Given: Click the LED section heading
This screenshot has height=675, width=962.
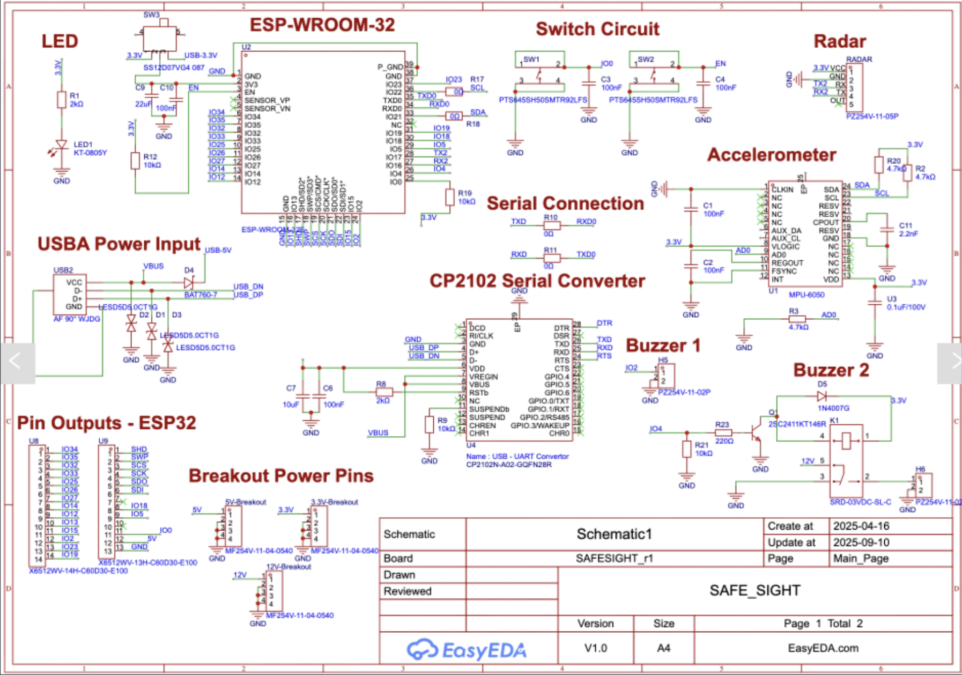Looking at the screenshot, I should click(x=60, y=41).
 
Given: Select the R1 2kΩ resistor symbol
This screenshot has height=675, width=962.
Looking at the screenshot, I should click(x=62, y=100).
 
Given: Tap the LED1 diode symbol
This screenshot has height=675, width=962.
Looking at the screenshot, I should click(x=61, y=145).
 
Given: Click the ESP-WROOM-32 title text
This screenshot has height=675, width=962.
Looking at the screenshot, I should click(x=322, y=25).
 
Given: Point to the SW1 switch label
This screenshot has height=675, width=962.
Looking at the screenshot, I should click(x=531, y=60).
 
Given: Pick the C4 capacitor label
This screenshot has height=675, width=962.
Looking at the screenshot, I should click(x=720, y=79).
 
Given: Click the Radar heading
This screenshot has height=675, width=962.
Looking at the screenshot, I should click(x=839, y=41).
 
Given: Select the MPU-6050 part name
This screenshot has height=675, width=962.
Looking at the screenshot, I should click(x=806, y=295).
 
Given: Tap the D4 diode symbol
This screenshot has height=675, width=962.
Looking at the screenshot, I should click(x=189, y=282).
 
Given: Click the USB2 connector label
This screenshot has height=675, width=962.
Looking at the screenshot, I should click(x=63, y=270).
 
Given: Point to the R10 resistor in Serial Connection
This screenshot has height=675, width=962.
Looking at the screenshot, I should click(x=551, y=225).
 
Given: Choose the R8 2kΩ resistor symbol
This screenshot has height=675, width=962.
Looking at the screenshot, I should click(x=384, y=392).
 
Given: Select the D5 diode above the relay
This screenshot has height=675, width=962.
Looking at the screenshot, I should click(x=822, y=397).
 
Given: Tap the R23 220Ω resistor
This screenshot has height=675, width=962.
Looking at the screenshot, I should click(x=723, y=432).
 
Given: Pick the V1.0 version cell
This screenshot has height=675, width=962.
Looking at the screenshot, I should click(x=595, y=648).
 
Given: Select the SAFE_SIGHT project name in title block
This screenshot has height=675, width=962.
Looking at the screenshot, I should click(x=754, y=591).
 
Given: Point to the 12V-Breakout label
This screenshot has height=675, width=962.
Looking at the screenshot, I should click(x=288, y=567).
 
